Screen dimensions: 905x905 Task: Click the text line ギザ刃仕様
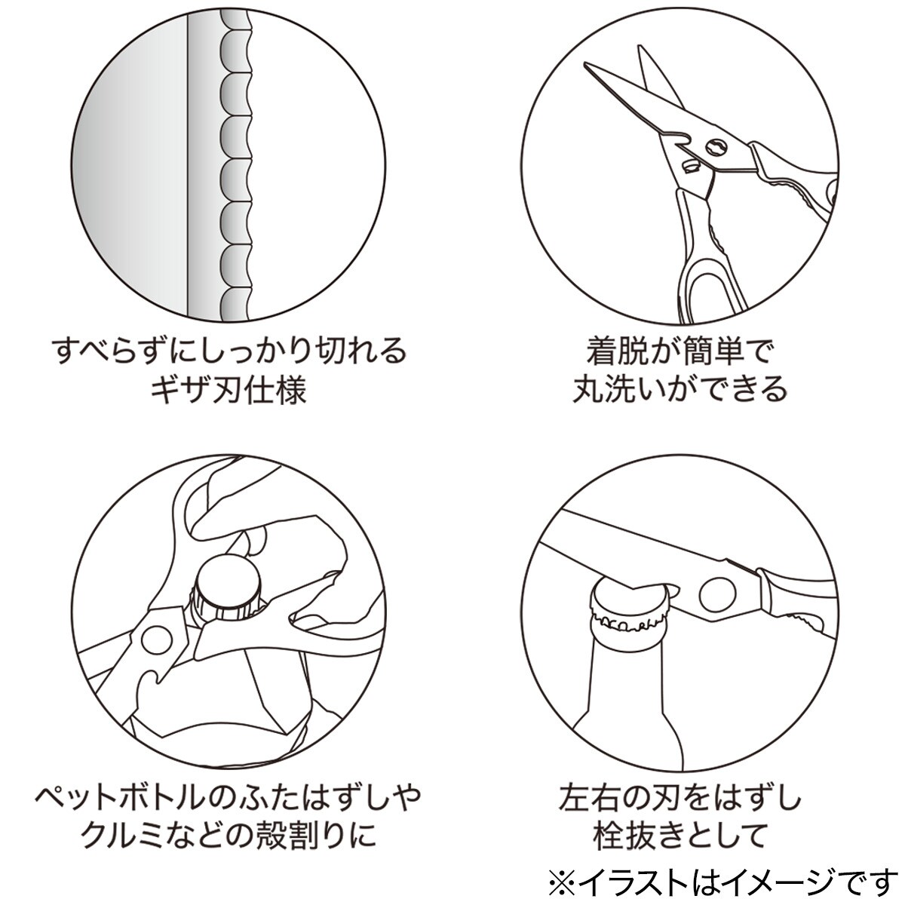coord(229,391)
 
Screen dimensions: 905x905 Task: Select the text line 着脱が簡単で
coord(680,351)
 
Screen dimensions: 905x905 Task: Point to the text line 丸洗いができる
coord(680,390)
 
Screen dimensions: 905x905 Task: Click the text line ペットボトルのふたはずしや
coord(229,797)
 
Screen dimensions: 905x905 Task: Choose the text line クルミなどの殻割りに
coord(229,836)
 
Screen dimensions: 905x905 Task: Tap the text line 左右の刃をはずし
coord(680,797)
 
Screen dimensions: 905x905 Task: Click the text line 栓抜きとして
coord(680,836)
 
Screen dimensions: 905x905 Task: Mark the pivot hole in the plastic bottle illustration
coord(157,640)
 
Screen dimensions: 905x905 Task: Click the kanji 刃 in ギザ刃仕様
coord(228,391)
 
